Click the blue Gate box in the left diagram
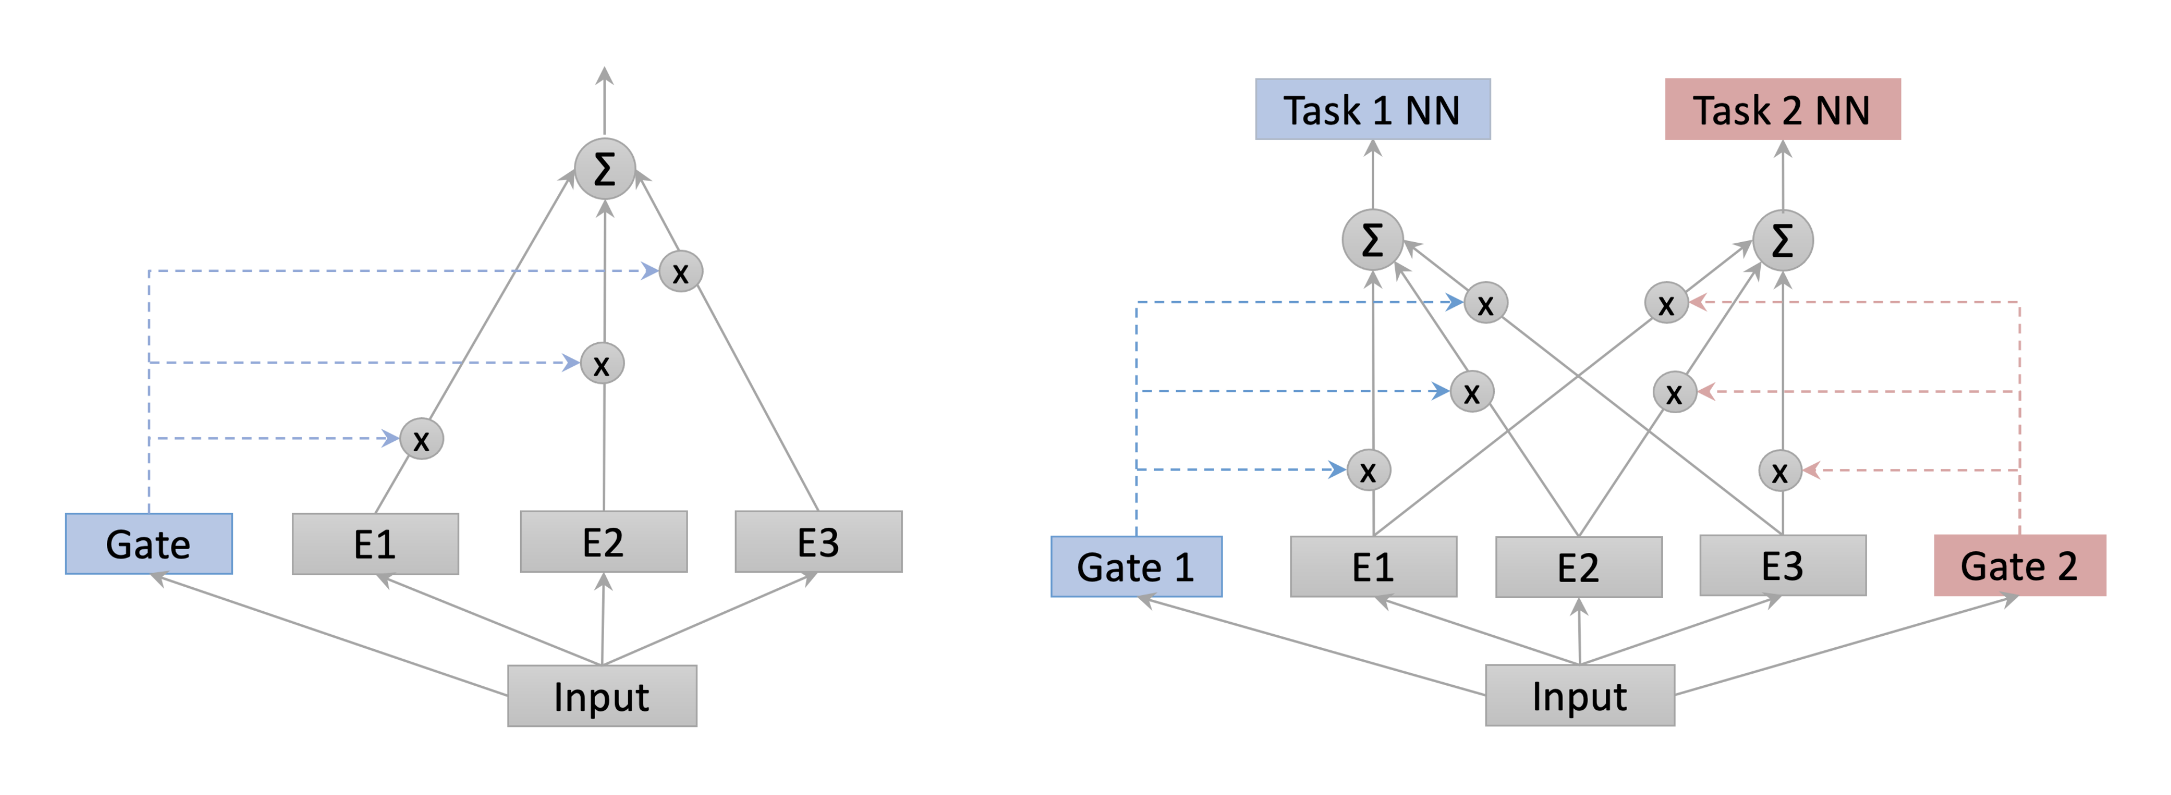pyautogui.click(x=148, y=544)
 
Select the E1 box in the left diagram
pyautogui.click(x=375, y=544)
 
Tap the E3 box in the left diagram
pyautogui.click(x=818, y=542)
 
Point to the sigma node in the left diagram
pyautogui.click(x=604, y=169)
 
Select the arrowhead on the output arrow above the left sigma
pyautogui.click(x=604, y=76)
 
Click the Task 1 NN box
pyautogui.click(x=1372, y=109)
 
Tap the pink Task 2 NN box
pyautogui.click(x=1781, y=109)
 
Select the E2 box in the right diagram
pyautogui.click(x=1578, y=567)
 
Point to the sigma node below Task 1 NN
pyautogui.click(x=1372, y=240)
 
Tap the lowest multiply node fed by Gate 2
pyautogui.click(x=1780, y=470)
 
